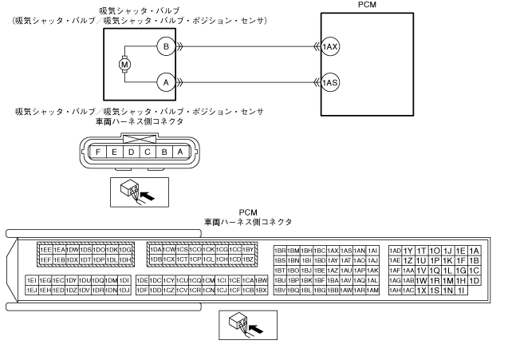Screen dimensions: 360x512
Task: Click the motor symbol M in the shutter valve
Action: pyautogui.click(x=124, y=62)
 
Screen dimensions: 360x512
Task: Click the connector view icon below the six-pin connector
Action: pyautogui.click(x=132, y=191)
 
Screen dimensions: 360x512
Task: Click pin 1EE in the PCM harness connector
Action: pyautogui.click(x=45, y=250)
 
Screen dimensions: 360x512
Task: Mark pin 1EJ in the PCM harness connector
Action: pyautogui.click(x=32, y=290)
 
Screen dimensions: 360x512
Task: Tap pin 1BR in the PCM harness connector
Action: pyautogui.click(x=280, y=250)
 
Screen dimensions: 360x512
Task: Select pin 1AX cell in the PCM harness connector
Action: pyautogui.click(x=333, y=250)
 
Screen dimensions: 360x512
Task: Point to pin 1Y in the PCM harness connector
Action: pyautogui.click(x=408, y=250)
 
